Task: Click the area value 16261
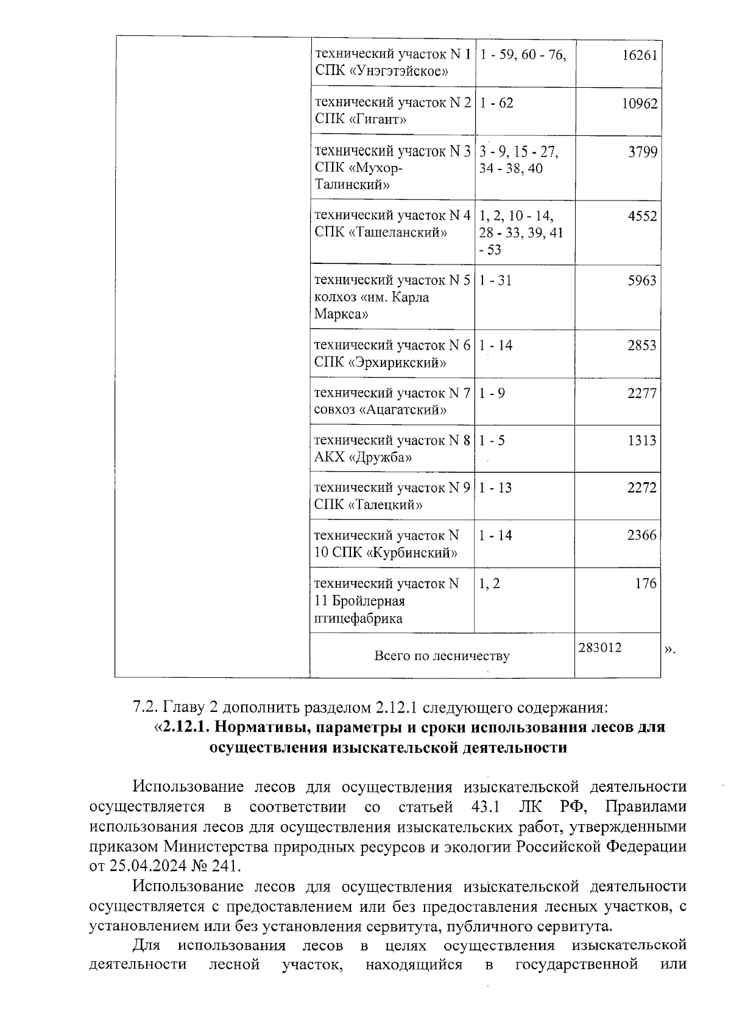(640, 55)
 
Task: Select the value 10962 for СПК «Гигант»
(639, 103)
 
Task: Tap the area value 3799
(643, 151)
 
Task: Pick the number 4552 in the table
(643, 216)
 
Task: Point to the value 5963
(642, 280)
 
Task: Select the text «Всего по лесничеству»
(442, 656)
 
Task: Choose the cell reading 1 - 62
(496, 103)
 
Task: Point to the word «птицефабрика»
(358, 619)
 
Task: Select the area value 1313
(642, 440)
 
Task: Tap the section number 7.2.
(145, 708)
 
